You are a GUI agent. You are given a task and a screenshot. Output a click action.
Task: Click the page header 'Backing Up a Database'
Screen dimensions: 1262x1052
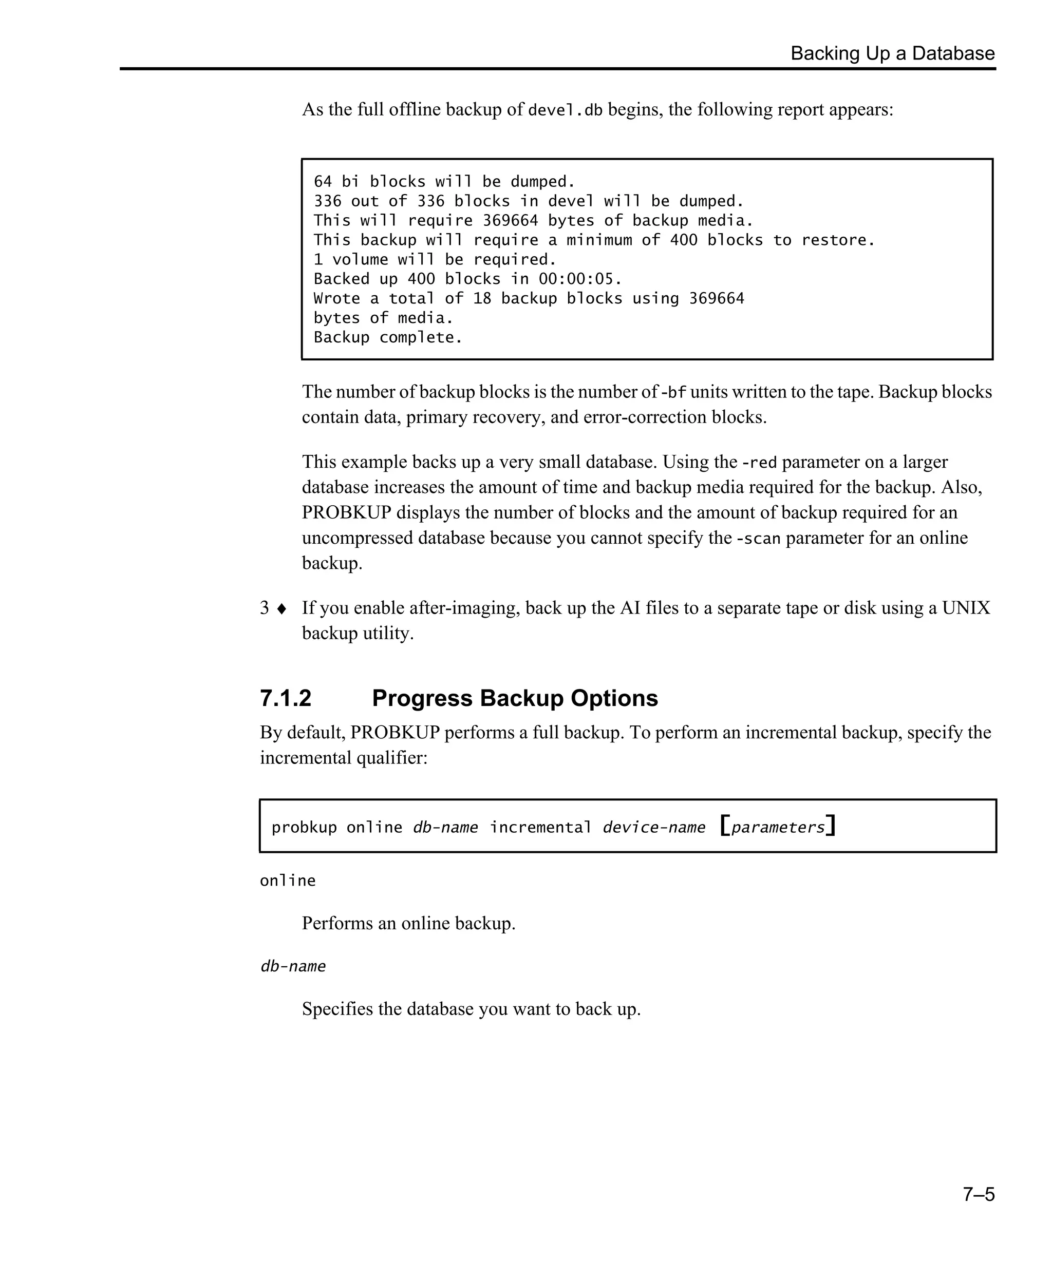[x=892, y=53]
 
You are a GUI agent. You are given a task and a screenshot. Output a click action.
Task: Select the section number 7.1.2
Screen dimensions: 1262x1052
[x=286, y=698]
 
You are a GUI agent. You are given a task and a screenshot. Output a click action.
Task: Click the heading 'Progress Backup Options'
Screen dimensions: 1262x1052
[x=515, y=698]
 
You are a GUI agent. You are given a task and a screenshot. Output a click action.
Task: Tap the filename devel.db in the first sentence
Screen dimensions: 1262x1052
[x=565, y=110]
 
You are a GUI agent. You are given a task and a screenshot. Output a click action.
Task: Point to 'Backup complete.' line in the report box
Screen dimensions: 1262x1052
[x=388, y=338]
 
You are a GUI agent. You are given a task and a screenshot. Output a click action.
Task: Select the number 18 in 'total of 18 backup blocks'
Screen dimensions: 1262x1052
[x=482, y=299]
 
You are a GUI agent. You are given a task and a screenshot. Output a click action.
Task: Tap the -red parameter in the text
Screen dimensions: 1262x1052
[x=759, y=463]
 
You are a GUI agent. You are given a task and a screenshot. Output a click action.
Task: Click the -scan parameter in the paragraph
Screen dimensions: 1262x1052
[x=758, y=539]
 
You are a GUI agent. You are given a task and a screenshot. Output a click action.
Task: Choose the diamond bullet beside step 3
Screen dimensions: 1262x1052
[x=281, y=609]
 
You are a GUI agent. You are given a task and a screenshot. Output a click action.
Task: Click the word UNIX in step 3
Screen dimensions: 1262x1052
[x=965, y=608]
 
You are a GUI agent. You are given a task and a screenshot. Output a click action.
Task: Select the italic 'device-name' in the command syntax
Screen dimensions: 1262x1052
[x=653, y=828]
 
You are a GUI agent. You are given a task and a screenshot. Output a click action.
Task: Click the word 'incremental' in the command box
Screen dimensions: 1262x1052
[x=540, y=828]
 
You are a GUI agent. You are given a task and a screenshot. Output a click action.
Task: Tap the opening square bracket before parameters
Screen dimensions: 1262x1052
[x=725, y=826]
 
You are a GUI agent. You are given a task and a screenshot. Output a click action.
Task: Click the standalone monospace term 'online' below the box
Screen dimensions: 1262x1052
[x=287, y=881]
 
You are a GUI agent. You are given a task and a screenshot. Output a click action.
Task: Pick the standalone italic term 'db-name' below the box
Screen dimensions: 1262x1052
[x=293, y=966]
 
